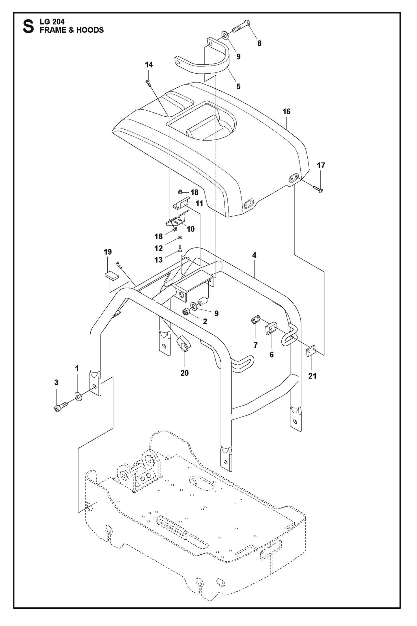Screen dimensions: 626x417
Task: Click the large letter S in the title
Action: coord(28,26)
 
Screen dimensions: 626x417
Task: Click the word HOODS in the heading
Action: coord(90,30)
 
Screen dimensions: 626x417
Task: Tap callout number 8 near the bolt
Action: coord(259,43)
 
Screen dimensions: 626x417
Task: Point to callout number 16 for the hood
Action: coord(286,111)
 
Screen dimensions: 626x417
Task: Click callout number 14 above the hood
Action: coord(149,65)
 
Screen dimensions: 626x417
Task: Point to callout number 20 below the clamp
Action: coord(184,373)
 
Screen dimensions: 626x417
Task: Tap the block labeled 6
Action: coord(271,329)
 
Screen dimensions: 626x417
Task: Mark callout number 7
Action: coord(255,345)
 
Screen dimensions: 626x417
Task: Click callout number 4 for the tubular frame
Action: coord(254,255)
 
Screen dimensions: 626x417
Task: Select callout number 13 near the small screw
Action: coord(158,260)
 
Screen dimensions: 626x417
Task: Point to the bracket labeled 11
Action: coord(181,203)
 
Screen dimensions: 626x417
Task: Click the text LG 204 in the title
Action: coord(52,22)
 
